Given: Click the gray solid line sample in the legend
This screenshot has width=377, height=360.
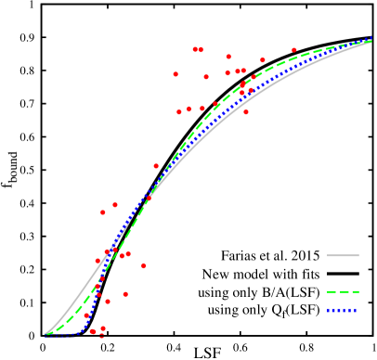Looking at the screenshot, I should (x=343, y=255).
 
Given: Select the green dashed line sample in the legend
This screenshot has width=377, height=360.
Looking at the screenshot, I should (x=343, y=291).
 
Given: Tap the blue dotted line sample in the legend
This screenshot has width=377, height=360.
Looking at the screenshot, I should (x=342, y=311).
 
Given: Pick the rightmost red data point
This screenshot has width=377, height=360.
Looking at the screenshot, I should (x=294, y=50).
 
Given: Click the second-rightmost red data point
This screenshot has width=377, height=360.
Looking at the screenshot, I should (x=263, y=60).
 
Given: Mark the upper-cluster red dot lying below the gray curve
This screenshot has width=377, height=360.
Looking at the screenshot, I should (x=246, y=112).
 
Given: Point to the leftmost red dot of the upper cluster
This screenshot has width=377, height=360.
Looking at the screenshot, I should (x=175, y=74).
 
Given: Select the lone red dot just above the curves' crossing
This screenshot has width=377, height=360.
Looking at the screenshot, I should (x=156, y=166).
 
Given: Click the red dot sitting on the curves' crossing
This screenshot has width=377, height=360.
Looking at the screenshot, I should (x=149, y=198).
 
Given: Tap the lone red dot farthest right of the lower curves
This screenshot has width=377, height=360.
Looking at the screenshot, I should (x=144, y=266).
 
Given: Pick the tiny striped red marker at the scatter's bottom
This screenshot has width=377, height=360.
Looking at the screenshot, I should (x=101, y=336).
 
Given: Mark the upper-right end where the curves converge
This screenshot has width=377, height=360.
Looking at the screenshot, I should (x=370, y=41).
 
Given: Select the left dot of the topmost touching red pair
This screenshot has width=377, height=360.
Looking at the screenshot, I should (x=195, y=50).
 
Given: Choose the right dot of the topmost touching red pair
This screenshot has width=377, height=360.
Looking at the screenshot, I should (x=201, y=50).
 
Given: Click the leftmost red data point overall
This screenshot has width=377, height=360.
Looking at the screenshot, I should (x=86, y=315).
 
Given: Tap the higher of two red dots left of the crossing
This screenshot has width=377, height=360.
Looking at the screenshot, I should (x=115, y=205).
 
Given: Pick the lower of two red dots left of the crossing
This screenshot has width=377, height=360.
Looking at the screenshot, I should (x=103, y=212).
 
